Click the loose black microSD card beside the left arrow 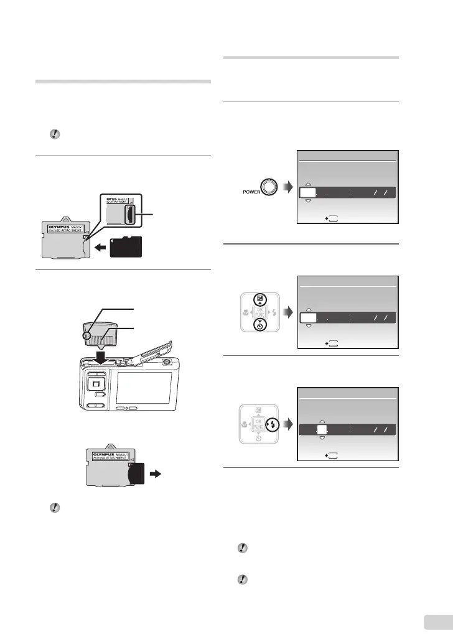[126, 247]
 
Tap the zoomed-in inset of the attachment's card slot [121, 215]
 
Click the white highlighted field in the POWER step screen [307, 193]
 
